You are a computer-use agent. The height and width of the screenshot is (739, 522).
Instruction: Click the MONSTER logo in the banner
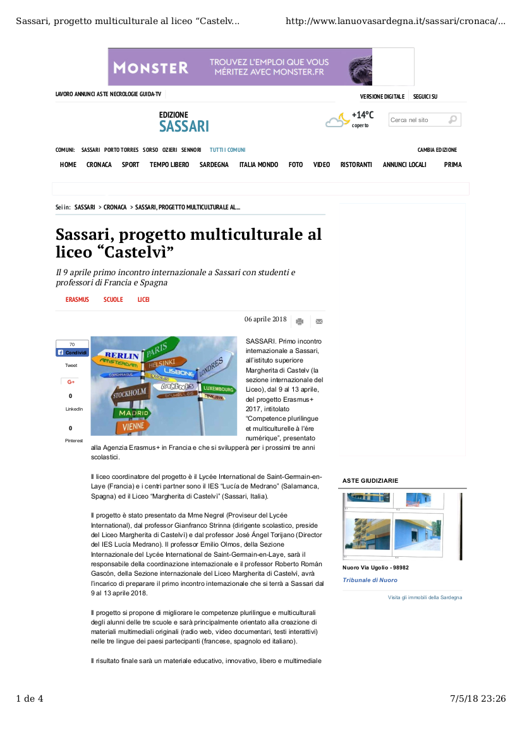150,67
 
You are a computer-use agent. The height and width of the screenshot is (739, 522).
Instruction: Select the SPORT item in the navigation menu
130,165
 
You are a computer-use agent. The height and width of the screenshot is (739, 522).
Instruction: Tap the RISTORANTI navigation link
356,165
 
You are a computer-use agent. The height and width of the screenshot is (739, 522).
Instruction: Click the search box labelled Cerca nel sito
417,120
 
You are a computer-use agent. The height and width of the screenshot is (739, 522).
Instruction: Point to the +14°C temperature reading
362,115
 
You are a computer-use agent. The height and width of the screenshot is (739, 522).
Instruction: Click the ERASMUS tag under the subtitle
77,299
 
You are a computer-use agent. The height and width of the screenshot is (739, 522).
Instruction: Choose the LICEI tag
143,299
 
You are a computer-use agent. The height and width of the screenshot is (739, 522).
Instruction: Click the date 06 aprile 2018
265,320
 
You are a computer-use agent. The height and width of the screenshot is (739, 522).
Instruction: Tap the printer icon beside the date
300,321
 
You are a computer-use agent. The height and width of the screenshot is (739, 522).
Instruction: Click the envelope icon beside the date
319,321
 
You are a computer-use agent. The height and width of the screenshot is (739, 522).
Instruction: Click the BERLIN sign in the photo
122,356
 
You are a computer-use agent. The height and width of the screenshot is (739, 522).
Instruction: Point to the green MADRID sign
133,413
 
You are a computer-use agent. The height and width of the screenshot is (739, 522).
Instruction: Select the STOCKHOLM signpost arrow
130,394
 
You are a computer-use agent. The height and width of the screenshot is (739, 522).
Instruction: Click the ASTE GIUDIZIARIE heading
370,481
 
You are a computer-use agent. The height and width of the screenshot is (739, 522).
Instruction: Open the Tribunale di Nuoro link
370,580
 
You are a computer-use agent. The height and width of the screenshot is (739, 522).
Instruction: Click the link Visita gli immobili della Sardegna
425,597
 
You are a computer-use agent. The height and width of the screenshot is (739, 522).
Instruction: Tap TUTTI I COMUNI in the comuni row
228,150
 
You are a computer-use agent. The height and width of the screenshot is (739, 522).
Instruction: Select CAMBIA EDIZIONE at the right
437,150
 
